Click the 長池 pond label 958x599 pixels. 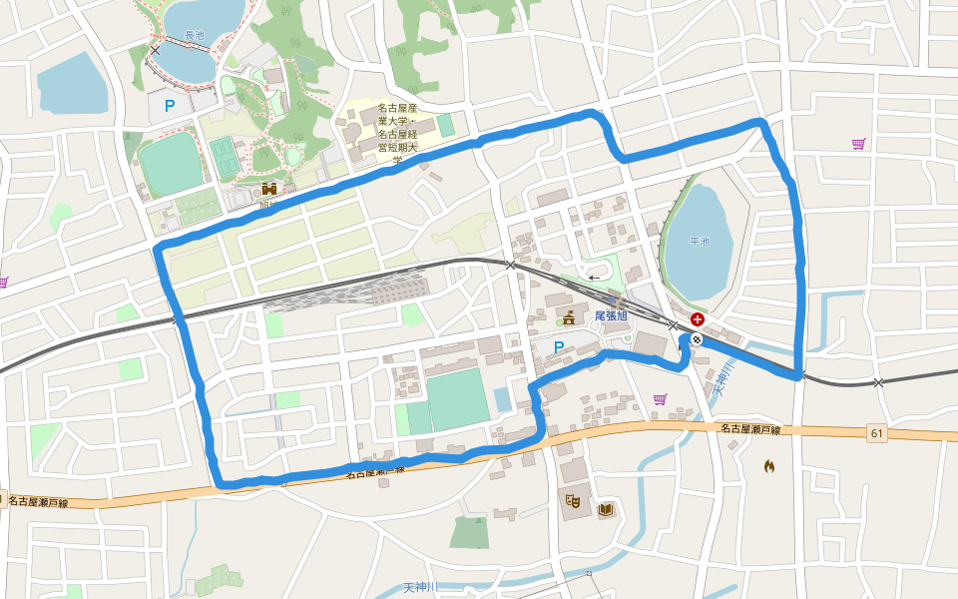click(194, 35)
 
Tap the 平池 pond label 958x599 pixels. click(700, 242)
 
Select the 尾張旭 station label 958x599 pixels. click(611, 315)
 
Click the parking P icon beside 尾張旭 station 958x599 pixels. click(559, 347)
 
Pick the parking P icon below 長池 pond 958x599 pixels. click(170, 104)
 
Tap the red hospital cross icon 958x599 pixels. click(696, 321)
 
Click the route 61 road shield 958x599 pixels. click(877, 433)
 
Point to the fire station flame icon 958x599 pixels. click(768, 465)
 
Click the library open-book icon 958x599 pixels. click(605, 509)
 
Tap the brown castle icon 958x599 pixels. click(268, 188)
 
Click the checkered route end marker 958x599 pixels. click(696, 339)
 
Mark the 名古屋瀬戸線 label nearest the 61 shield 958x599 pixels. click(748, 428)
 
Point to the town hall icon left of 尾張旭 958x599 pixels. click(568, 318)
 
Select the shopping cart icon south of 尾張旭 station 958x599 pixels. click(660, 399)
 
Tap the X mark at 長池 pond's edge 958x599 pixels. click(155, 48)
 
